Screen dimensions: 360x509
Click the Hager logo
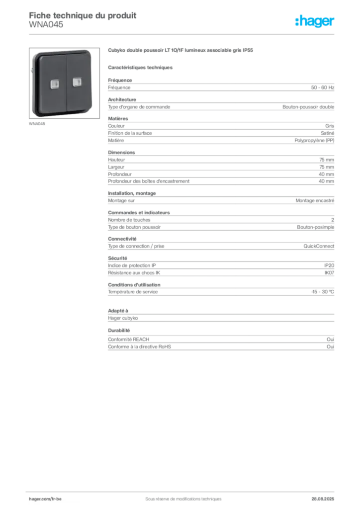tap(314, 21)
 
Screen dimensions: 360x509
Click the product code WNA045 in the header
tap(46, 25)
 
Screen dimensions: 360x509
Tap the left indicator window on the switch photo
tap(55, 85)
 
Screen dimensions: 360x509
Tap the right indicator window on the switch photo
tap(77, 82)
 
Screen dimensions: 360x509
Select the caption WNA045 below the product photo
tap(37, 124)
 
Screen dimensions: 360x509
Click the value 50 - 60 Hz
tap(322, 87)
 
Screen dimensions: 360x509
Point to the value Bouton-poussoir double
tap(308, 107)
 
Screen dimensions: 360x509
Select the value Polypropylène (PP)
tap(314, 141)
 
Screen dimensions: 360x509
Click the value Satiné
tap(327, 133)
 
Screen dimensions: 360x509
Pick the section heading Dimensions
tap(121, 152)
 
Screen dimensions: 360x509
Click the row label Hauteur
tap(116, 160)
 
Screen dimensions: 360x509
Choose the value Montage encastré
tap(315, 201)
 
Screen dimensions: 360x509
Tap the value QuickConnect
tap(319, 246)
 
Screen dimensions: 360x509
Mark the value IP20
tap(329, 265)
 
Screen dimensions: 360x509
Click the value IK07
tap(329, 273)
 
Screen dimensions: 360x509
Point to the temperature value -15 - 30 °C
tap(323, 292)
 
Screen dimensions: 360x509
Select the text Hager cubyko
tap(123, 318)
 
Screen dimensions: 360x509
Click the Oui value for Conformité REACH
tap(330, 339)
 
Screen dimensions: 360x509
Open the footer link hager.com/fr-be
tap(45, 499)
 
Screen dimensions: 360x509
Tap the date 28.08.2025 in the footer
tap(323, 499)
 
